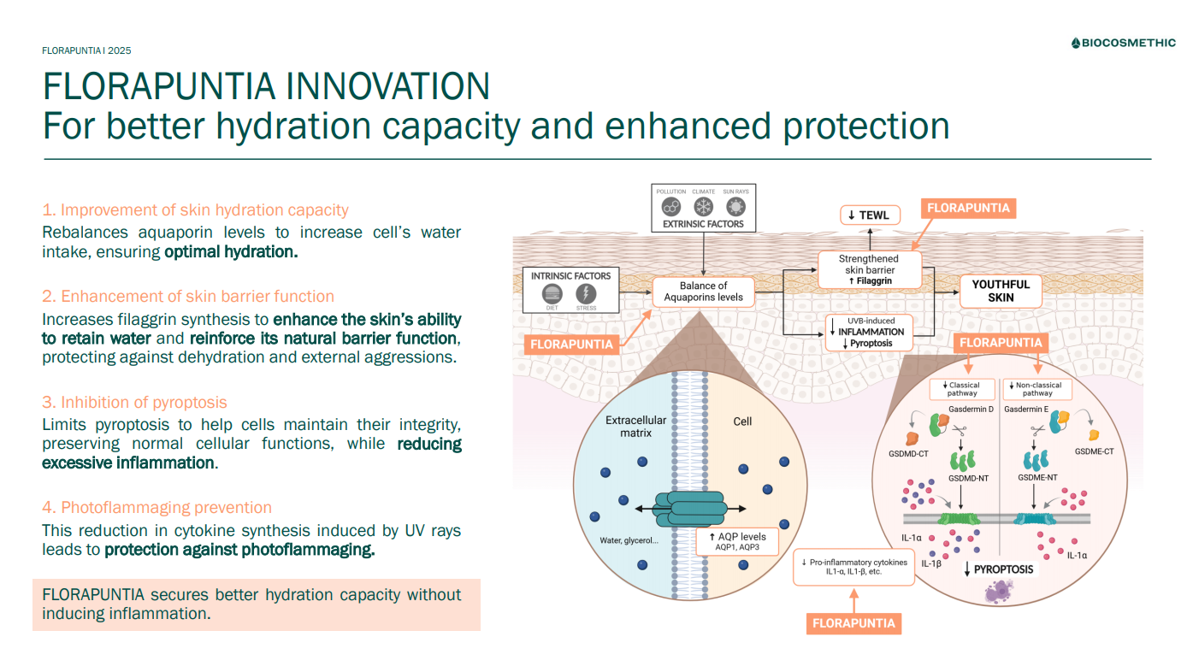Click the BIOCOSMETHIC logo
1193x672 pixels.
tap(1123, 44)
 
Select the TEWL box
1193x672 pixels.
tap(868, 215)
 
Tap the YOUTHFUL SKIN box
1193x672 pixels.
tap(1001, 291)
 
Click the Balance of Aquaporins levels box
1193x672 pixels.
tap(703, 292)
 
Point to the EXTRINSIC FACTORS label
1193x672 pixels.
tap(703, 224)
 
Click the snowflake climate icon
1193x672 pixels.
tap(703, 207)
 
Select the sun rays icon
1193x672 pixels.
tap(735, 207)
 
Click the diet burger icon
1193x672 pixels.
tap(552, 293)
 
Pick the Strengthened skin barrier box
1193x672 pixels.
tap(869, 268)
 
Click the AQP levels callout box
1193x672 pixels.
tap(737, 541)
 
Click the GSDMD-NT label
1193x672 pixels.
tap(968, 478)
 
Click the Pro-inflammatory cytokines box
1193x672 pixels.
tap(853, 567)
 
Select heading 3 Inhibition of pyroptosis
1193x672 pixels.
tap(134, 403)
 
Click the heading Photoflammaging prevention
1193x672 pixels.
tap(157, 508)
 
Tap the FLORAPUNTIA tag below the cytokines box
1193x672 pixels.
tap(853, 622)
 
